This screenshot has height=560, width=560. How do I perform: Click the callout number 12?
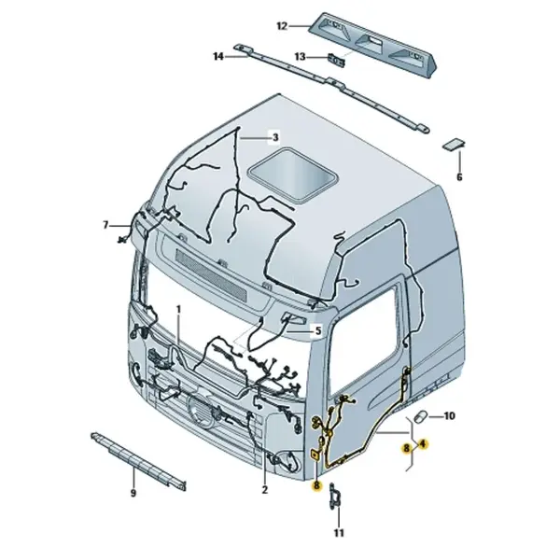point(282,26)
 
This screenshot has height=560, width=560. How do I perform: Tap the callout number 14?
point(218,56)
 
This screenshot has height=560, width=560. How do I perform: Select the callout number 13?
point(300,56)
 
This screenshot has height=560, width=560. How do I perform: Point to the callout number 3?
point(275,137)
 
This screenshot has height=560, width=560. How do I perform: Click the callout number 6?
point(459,176)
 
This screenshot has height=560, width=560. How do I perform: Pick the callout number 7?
point(105,225)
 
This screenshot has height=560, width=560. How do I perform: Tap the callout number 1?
point(178,309)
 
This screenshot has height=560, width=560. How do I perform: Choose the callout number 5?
point(318,330)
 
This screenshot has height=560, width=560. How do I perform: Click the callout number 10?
point(449,416)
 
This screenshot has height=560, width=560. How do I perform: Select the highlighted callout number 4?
point(423,444)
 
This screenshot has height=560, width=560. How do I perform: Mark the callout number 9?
point(133,493)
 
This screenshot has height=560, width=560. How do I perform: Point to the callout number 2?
point(264,489)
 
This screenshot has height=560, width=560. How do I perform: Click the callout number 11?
point(339,533)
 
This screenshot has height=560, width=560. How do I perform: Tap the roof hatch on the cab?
point(293,175)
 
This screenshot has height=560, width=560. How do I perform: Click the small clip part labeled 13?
point(336,60)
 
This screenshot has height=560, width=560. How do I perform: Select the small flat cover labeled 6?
point(455,144)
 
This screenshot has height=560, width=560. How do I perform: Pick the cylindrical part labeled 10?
point(420,416)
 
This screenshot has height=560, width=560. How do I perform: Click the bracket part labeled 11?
point(334,497)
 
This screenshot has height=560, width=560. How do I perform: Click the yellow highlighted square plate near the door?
point(315,455)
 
